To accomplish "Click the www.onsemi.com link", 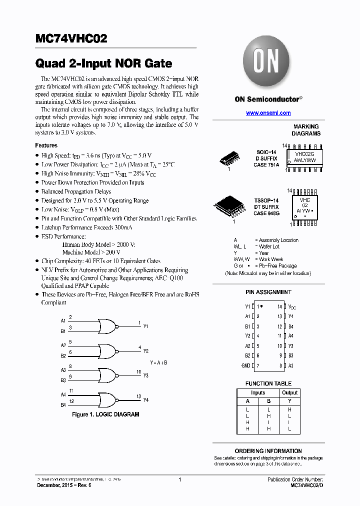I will click(268, 113).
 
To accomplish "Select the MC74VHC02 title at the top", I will click(71, 39).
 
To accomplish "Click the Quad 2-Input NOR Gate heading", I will click(103, 63).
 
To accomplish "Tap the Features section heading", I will click(46, 145).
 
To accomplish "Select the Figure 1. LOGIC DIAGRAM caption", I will click(105, 414).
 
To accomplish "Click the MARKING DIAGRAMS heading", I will click(306, 130).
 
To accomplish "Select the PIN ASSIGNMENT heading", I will click(268, 292).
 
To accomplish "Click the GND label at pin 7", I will click(245, 366).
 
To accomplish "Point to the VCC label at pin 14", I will click(292, 306).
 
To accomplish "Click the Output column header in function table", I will click(289, 393).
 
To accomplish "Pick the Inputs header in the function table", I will click(258, 393).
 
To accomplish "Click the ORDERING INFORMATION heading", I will click(268, 451).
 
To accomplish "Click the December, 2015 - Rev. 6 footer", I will click(64, 485).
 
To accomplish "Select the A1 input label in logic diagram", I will click(63, 320).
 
